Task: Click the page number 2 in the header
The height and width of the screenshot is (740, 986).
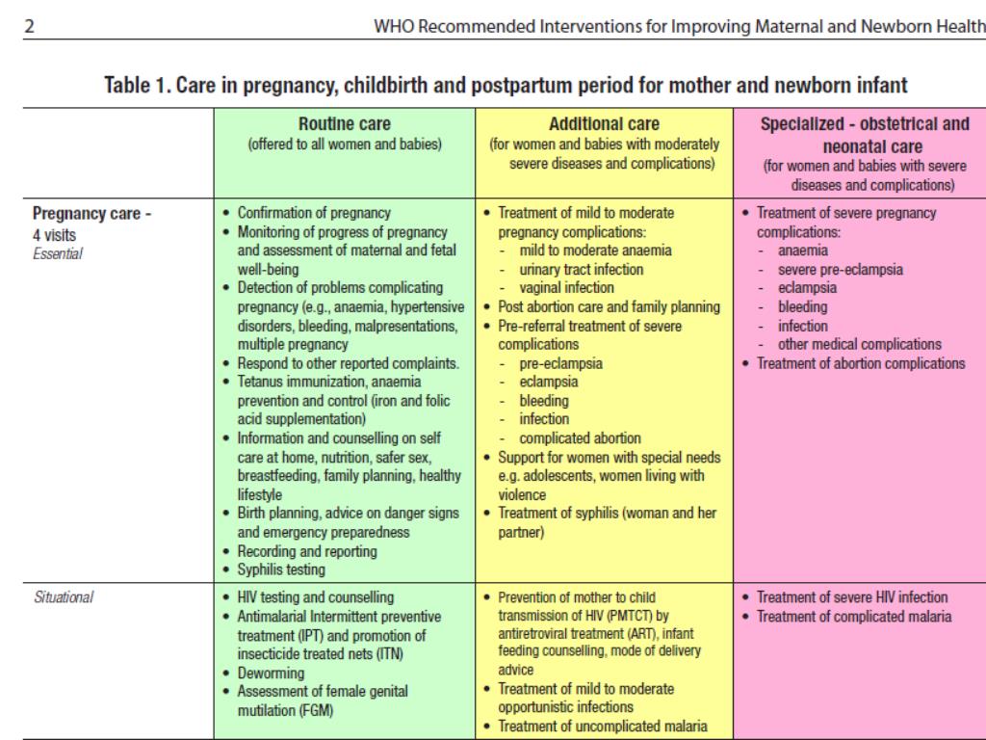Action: (30, 26)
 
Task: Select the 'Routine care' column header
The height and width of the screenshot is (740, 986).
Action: (343, 124)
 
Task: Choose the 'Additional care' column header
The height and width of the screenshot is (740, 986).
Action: (603, 124)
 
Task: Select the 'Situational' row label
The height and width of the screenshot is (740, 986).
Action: (63, 597)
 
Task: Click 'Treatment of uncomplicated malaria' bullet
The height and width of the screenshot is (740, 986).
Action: (606, 726)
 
